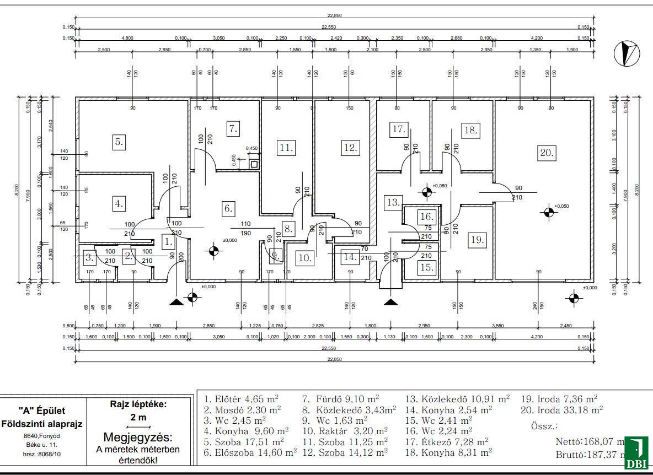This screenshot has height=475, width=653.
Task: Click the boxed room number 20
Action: (547, 153)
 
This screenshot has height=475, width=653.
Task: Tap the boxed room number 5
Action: (119, 142)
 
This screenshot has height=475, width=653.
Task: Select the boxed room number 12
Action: (350, 148)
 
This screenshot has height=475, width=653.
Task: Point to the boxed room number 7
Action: (233, 129)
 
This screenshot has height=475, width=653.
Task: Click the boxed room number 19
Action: (477, 240)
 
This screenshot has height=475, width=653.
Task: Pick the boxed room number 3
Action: (89, 257)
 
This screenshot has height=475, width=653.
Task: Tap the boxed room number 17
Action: (398, 129)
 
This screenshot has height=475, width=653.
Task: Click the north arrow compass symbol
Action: (627, 53)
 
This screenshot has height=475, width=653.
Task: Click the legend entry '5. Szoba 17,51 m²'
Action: (244, 441)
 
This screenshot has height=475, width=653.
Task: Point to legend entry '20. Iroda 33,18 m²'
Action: (561, 409)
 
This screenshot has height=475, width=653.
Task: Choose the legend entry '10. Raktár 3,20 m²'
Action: (345, 430)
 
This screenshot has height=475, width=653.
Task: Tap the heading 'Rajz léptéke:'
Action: (138, 404)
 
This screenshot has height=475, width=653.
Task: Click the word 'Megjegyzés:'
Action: (138, 438)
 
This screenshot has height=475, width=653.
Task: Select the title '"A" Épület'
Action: (41, 411)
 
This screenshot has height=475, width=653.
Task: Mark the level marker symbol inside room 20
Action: (548, 212)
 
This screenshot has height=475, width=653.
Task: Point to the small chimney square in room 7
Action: (254, 164)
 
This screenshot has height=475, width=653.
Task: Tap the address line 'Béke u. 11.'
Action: (41, 443)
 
